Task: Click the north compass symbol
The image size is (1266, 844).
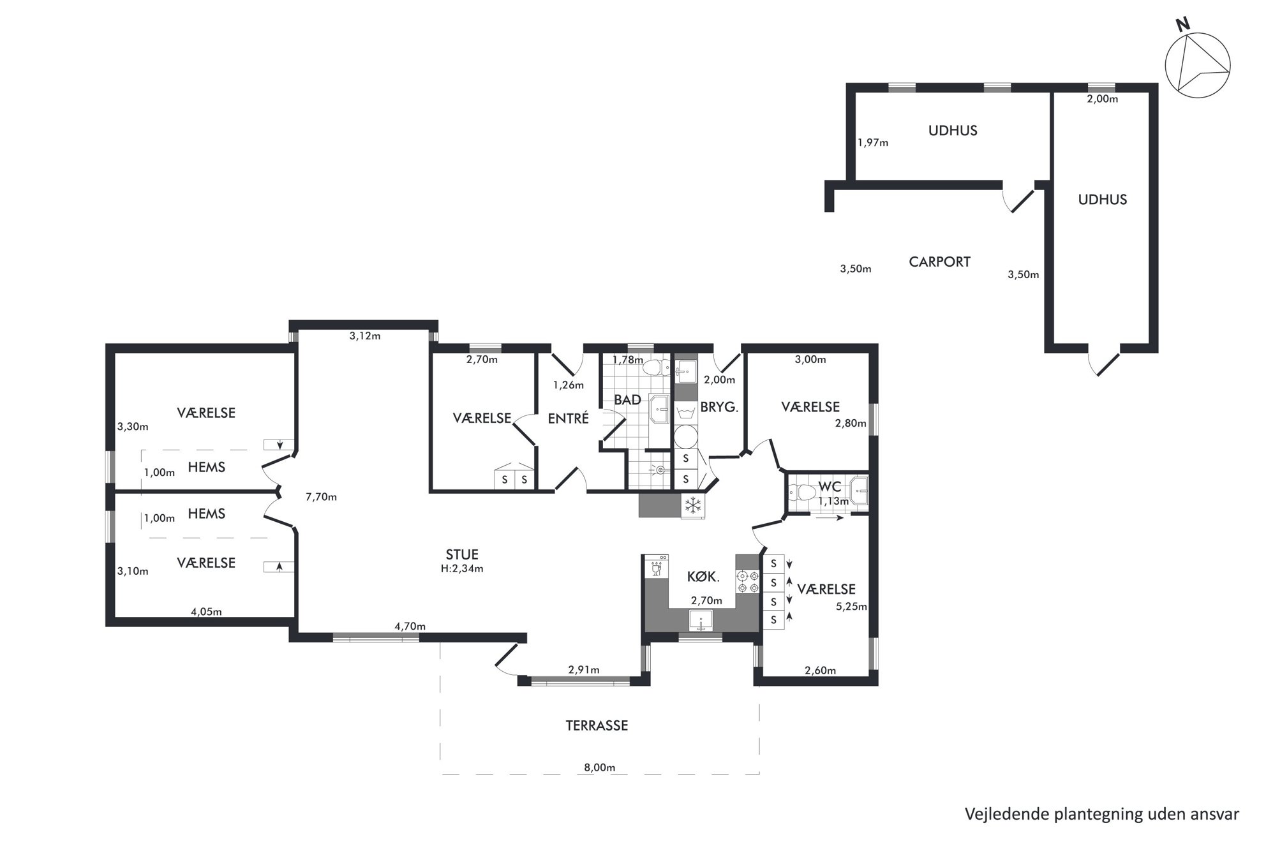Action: (x=1197, y=65)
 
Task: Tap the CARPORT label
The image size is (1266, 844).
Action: (x=939, y=262)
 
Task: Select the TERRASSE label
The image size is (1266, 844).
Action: (x=597, y=725)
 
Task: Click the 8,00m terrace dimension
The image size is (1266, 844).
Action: (x=599, y=767)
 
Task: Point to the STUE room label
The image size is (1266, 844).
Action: (x=462, y=555)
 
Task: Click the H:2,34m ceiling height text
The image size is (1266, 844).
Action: (x=462, y=568)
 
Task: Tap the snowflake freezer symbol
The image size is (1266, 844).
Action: (x=692, y=506)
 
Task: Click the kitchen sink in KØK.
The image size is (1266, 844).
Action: (x=701, y=619)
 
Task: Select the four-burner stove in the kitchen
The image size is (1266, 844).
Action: (x=748, y=581)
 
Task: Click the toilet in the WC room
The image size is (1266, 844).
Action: (x=802, y=492)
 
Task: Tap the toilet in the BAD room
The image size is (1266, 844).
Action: (x=654, y=367)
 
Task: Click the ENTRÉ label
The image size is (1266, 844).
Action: (x=568, y=418)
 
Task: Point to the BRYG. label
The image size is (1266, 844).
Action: (x=719, y=406)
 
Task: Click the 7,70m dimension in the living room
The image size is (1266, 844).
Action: (x=321, y=497)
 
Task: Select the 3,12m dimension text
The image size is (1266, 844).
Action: (x=365, y=336)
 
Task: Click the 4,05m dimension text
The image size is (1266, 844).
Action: (x=206, y=612)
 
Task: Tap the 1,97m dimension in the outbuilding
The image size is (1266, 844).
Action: (x=873, y=142)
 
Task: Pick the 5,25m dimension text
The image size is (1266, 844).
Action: (x=852, y=607)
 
